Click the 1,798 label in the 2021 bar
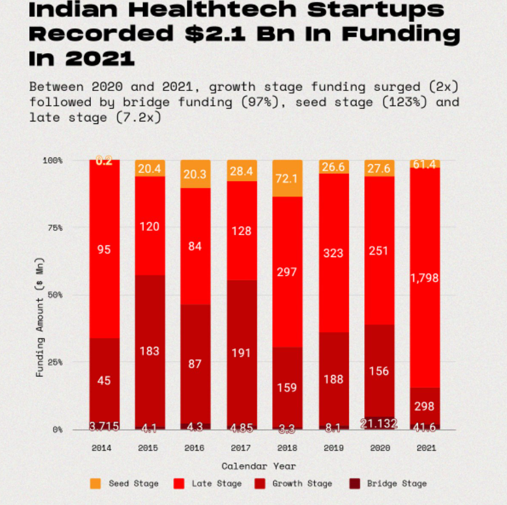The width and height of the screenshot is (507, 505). click(425, 278)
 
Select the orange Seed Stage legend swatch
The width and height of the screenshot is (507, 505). click(95, 484)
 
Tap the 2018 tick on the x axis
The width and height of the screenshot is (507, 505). click(286, 448)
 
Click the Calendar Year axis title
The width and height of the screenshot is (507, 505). click(258, 466)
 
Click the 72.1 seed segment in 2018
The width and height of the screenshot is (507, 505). click(286, 179)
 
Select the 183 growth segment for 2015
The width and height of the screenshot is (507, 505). click(149, 351)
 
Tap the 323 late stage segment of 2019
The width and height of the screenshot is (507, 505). click(333, 253)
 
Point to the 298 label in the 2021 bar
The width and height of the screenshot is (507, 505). click(425, 406)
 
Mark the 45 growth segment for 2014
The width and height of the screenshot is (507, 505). click(104, 380)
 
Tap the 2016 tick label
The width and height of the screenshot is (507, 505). click(195, 448)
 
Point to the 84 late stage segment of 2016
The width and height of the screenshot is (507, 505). click(195, 247)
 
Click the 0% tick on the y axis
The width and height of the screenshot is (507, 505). click(57, 429)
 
